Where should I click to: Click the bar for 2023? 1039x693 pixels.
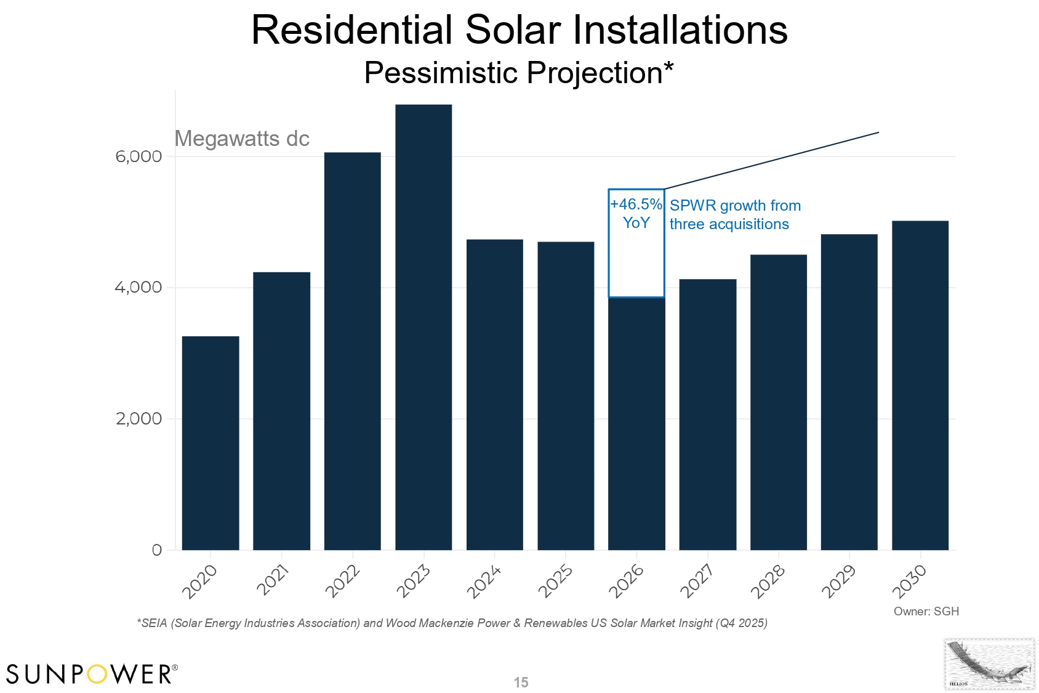[423, 326]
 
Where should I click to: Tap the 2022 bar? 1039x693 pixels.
[353, 351]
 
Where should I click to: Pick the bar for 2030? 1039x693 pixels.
[920, 385]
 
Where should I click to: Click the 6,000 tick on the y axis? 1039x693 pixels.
[138, 156]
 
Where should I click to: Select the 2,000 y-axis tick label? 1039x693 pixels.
[138, 419]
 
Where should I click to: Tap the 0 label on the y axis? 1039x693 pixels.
[157, 550]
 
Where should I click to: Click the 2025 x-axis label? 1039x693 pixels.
[556, 581]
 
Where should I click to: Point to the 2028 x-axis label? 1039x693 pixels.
[768, 581]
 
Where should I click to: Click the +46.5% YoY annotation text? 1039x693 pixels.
[636, 213]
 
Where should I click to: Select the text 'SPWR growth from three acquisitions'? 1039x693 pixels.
[734, 215]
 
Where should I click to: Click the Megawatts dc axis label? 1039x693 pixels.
[242, 139]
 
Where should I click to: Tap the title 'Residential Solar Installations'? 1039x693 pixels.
[519, 30]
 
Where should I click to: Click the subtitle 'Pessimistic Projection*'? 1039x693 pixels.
[519, 73]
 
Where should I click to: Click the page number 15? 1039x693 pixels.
[521, 683]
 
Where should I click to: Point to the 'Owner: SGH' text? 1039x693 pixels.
[926, 611]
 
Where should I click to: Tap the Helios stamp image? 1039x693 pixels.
[989, 664]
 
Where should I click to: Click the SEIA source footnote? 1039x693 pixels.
[452, 623]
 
